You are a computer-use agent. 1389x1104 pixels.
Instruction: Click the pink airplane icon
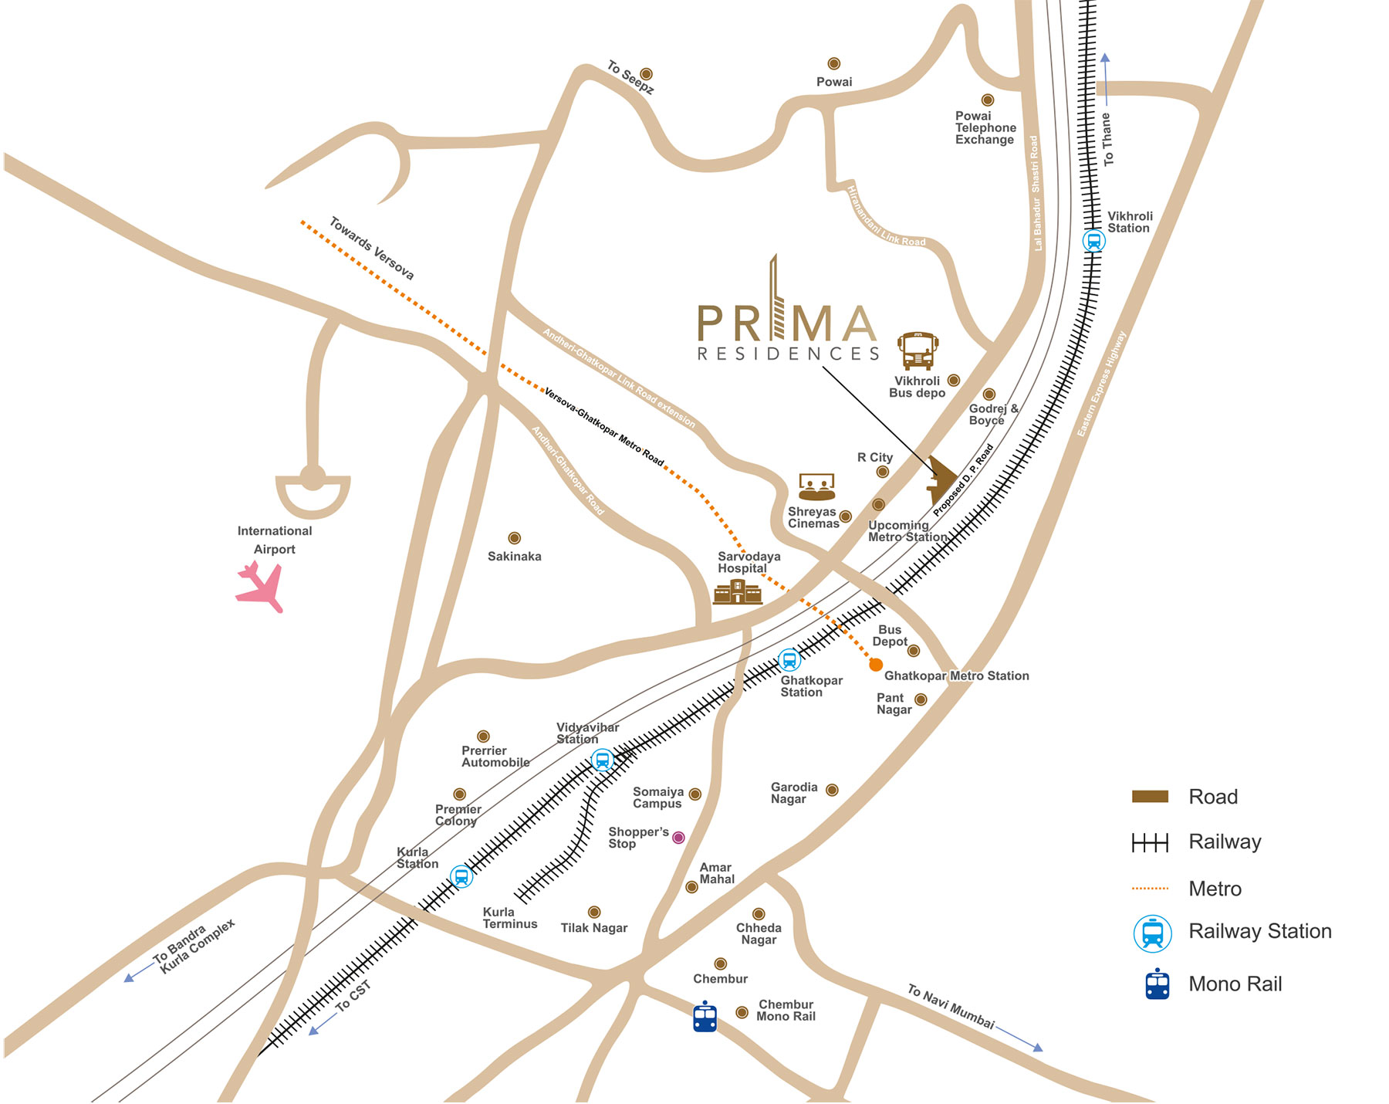click(x=260, y=586)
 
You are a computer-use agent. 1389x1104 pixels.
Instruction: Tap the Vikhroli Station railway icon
click(x=1093, y=241)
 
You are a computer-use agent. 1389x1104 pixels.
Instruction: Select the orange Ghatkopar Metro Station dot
click(x=876, y=665)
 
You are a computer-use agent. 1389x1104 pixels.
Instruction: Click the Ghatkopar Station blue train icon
click(x=789, y=660)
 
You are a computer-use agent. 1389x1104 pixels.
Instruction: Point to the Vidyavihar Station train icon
click(x=602, y=760)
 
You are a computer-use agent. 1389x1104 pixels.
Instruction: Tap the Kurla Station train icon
click(x=461, y=877)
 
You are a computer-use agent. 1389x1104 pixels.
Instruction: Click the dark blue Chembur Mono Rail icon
click(x=705, y=1017)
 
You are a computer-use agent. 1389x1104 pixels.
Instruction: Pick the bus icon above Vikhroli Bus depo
click(x=918, y=352)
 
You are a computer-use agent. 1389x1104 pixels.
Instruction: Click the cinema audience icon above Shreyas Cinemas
click(x=816, y=487)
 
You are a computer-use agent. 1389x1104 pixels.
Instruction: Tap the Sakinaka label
click(x=514, y=556)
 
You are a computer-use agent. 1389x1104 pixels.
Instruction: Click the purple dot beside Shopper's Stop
click(x=678, y=838)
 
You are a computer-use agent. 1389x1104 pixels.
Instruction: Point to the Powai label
click(x=834, y=82)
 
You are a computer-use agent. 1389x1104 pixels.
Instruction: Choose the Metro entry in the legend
click(x=1215, y=889)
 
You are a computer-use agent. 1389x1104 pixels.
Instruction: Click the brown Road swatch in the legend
click(x=1150, y=797)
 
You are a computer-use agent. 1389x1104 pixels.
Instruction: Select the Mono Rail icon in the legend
click(x=1157, y=984)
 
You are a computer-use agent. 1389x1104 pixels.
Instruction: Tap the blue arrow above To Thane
click(x=1105, y=77)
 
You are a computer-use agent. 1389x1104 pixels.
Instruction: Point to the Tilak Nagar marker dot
click(x=594, y=913)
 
